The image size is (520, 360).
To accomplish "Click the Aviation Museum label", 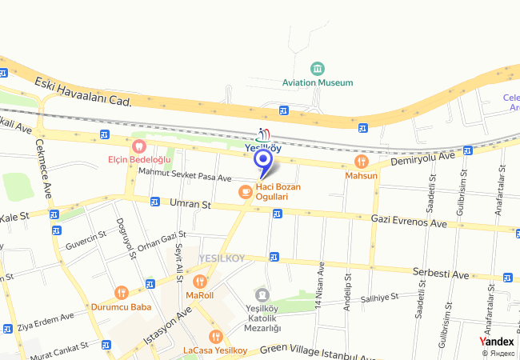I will (x=318, y=82).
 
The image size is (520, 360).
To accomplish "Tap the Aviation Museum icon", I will (x=318, y=67).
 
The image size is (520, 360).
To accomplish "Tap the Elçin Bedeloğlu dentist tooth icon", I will (x=139, y=146).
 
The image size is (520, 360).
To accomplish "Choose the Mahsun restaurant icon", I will (x=362, y=162).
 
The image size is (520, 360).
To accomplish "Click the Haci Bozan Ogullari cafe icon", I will (x=245, y=191).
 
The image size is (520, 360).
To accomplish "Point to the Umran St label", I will (x=190, y=205).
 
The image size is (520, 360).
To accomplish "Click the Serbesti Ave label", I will (x=441, y=274).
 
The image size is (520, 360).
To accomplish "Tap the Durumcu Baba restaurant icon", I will (x=122, y=293).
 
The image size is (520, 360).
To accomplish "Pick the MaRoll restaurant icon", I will (x=199, y=281).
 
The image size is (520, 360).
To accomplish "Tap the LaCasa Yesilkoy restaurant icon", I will (x=214, y=337).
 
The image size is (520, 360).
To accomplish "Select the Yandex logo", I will (x=497, y=342).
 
